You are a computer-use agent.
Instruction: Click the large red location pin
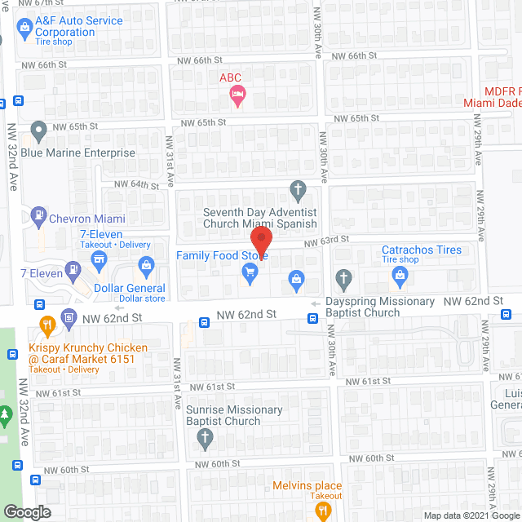(260, 243)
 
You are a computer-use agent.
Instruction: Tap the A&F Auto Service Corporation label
(80, 27)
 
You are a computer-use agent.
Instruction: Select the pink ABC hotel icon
(237, 96)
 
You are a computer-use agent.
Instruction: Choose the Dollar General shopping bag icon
(146, 264)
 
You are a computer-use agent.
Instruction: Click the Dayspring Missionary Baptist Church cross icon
(344, 278)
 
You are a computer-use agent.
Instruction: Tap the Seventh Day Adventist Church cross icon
(299, 191)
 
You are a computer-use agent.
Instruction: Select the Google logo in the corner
(27, 511)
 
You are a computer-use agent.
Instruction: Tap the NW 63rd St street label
(327, 240)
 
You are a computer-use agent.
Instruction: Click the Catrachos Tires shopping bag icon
(400, 278)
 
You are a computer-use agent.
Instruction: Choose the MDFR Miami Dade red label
(493, 96)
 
